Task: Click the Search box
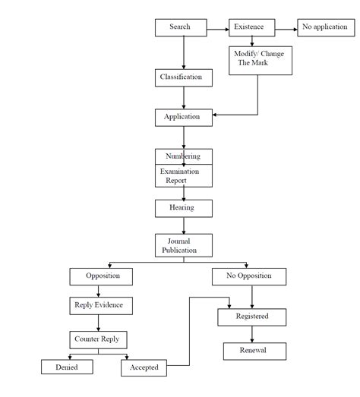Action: [181, 27]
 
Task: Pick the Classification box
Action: [181, 77]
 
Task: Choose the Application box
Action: [183, 117]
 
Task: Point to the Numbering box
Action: [183, 156]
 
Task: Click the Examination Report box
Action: [183, 176]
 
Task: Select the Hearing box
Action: [183, 207]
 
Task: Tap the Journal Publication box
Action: [183, 245]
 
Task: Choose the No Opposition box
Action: [248, 276]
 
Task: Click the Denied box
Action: [68, 367]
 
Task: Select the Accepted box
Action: [144, 367]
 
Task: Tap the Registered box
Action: [253, 317]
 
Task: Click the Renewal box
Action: [254, 351]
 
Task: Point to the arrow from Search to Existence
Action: [218, 30]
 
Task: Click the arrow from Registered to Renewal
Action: [252, 334]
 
